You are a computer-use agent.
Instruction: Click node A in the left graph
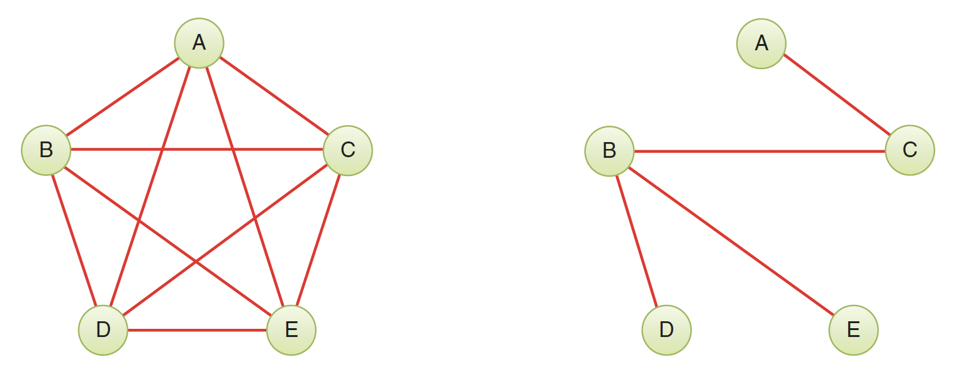(199, 43)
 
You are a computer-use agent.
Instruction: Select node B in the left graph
(46, 150)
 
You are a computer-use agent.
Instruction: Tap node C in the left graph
(347, 150)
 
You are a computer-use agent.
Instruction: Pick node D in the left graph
(103, 330)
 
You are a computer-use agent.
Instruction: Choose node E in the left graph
(291, 330)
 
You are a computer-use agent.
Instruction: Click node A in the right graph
(761, 43)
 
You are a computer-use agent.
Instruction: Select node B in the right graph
(609, 151)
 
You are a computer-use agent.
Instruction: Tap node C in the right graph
(910, 150)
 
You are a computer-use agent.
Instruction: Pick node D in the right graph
(666, 330)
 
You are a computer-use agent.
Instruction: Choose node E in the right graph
(853, 330)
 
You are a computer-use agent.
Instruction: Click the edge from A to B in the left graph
(123, 97)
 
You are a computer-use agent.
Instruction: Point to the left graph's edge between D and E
(197, 330)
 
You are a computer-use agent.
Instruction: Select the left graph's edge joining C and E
(318, 240)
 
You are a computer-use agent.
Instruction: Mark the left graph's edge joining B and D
(74, 240)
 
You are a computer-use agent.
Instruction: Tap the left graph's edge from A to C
(274, 96)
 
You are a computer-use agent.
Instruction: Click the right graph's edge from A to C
(836, 94)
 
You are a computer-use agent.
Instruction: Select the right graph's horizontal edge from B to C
(760, 151)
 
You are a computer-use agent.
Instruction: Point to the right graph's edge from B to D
(637, 241)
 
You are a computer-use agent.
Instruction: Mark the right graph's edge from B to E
(731, 241)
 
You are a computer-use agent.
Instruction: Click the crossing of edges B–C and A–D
(162, 150)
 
